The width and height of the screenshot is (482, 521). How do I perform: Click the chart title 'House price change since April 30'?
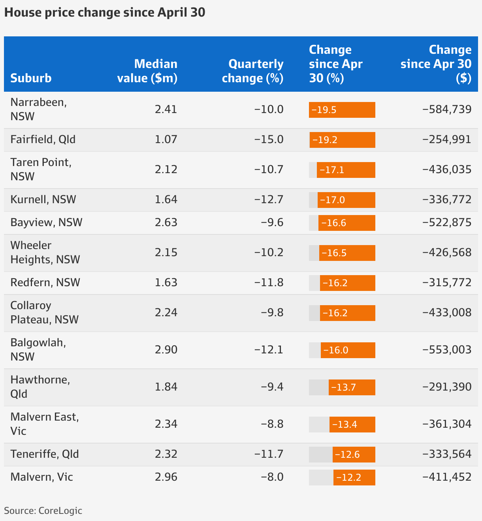105,12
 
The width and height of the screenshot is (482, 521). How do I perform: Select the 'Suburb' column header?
31,78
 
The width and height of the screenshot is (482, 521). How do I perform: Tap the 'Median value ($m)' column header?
147,71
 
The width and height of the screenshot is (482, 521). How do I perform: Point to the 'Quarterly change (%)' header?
253,71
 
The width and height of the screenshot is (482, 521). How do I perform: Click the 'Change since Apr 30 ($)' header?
436,64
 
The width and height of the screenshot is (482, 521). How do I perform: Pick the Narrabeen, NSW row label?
38,109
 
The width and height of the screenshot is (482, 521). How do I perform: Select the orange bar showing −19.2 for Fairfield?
342,140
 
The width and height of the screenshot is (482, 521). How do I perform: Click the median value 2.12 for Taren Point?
166,170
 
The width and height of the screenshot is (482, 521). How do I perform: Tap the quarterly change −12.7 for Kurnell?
269,200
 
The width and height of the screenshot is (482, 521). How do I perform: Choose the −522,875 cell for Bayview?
447,223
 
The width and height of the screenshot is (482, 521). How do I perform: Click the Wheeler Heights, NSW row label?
45,253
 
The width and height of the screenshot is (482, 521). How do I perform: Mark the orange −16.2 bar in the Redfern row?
347,283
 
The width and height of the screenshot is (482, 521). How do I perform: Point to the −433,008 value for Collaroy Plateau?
447,313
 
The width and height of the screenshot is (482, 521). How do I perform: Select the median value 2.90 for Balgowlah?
166,350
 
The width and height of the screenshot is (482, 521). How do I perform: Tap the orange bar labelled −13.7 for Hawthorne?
352,387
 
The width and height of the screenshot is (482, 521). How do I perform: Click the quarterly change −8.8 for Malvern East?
272,424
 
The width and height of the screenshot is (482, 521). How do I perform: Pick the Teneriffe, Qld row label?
45,454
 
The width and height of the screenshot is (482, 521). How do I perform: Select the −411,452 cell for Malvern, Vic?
447,477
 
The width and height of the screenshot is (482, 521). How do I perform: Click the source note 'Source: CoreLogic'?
43,510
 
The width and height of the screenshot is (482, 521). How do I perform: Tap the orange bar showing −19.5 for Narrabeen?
342,110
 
